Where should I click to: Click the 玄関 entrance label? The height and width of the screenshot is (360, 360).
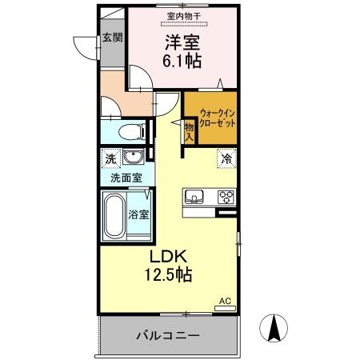[111, 37]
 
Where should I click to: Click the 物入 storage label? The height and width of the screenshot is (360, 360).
[190, 131]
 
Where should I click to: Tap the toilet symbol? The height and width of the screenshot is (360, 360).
[128, 132]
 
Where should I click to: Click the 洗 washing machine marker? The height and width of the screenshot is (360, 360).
[110, 158]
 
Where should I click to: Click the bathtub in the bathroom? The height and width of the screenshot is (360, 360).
[114, 214]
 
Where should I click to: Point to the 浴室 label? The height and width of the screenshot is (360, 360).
[139, 214]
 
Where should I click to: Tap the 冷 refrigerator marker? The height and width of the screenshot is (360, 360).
[226, 158]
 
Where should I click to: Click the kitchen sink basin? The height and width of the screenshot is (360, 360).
[196, 197]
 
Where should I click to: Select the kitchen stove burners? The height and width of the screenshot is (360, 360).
[225, 197]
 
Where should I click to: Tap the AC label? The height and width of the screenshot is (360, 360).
[225, 301]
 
